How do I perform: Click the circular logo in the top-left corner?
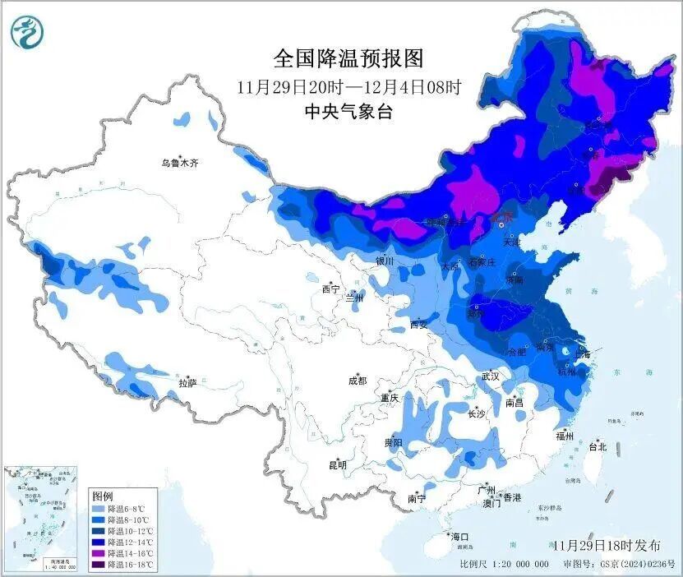coord(27,32)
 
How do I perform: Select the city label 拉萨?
coord(187,383)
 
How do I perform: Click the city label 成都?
coord(358,381)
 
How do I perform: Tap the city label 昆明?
coord(338,465)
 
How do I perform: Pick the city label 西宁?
coord(330,289)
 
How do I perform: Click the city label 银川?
coord(385,261)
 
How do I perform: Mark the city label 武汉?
coord(491,376)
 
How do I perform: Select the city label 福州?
coord(564,436)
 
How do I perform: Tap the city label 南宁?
coord(417,498)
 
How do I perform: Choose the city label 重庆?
coord(389,398)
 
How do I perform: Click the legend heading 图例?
coord(103,496)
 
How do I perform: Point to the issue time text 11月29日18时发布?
coord(607,546)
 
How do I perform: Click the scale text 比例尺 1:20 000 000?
coord(504,565)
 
